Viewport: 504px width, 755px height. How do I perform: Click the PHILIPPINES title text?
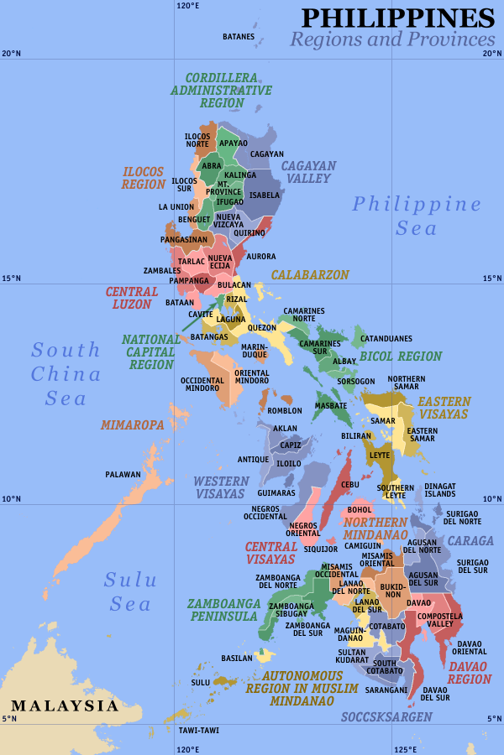397,18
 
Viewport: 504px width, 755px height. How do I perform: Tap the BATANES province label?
238,37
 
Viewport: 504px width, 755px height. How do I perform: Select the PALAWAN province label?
123,475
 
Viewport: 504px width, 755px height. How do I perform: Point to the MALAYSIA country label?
65,706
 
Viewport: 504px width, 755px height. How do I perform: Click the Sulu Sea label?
128,591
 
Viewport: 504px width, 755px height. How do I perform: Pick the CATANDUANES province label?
386,339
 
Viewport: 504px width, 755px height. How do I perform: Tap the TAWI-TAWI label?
199,730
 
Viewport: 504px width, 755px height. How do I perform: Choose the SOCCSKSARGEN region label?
386,717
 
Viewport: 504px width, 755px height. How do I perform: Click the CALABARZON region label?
309,275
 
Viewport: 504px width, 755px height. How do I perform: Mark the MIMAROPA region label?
132,425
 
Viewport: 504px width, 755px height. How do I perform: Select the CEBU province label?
350,485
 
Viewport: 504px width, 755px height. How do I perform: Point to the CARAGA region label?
470,541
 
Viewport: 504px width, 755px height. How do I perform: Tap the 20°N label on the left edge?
10,53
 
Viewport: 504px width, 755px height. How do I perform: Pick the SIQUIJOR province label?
320,549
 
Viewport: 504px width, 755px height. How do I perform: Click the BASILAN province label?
236,658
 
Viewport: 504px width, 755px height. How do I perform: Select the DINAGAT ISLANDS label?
439,489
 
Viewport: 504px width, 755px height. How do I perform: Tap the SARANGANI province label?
386,690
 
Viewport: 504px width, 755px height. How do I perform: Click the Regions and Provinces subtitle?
392,39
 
